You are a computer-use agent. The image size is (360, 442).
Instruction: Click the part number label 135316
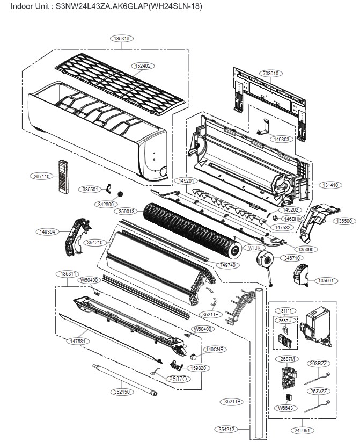click(123, 38)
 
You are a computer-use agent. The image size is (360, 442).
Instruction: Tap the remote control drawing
click(64, 177)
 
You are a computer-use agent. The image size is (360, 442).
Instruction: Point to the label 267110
click(41, 176)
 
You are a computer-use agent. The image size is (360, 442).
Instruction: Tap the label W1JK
click(254, 248)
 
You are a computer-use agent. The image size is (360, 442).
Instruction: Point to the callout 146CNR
click(215, 349)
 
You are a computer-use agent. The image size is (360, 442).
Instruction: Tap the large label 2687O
click(178, 379)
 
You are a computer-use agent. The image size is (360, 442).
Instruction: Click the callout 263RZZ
click(318, 363)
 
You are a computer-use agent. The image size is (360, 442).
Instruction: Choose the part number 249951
click(302, 430)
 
